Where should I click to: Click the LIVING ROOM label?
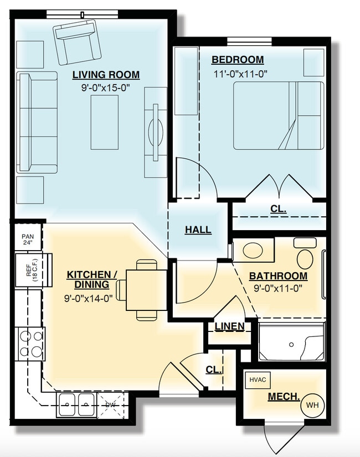coord(106,75)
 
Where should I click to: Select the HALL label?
coord(198,230)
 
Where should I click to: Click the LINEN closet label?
coord(229,326)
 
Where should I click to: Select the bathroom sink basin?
coord(253,250)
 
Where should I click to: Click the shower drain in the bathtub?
coord(291,344)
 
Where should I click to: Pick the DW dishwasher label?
coord(111,405)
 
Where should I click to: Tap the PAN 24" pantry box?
coord(28,240)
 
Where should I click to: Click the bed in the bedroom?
coord(278,116)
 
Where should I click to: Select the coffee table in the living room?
coord(105,122)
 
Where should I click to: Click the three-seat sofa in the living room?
coord(38,122)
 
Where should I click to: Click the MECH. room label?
coord(284,397)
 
